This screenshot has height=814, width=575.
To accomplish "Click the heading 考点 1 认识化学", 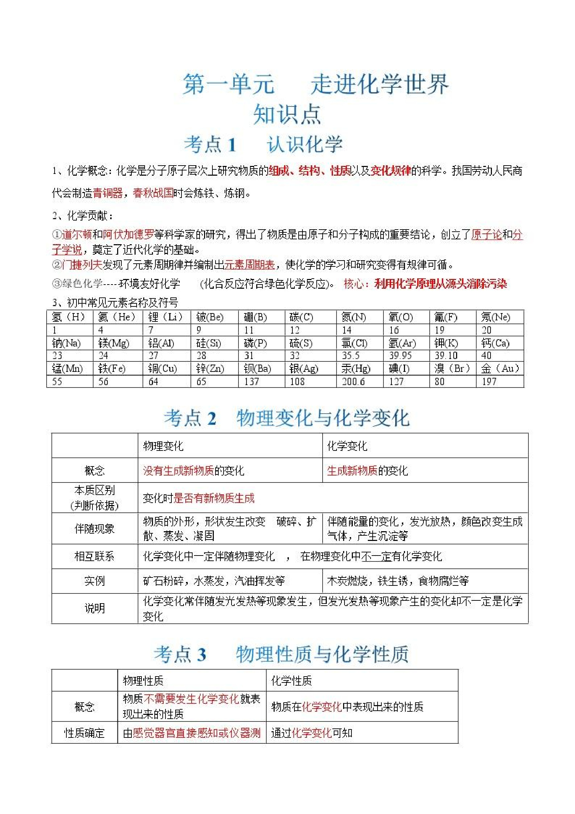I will [263, 144].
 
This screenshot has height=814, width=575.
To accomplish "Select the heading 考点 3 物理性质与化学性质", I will [281, 654].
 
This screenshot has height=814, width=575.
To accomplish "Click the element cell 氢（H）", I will [68, 317].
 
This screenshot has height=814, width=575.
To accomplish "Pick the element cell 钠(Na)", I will [66, 343].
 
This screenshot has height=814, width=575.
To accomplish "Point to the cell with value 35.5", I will [350, 356].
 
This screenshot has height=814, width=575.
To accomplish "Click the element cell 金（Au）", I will [500, 368].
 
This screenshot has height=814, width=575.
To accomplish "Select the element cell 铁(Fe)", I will [112, 368].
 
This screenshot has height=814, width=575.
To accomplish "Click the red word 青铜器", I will [107, 193].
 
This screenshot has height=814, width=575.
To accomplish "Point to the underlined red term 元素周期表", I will [249, 264].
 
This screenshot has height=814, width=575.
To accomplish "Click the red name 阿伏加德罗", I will [128, 234].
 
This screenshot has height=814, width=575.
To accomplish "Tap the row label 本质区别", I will [95, 490].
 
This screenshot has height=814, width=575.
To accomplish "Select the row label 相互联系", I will [95, 556].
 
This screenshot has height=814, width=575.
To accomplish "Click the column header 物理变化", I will [163, 446].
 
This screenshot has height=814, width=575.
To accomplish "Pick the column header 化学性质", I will [291, 681].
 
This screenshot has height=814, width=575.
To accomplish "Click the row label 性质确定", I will [84, 733].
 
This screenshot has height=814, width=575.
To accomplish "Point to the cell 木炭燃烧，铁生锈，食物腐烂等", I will [397, 581].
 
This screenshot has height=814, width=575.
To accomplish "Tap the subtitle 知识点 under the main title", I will [287, 114].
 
